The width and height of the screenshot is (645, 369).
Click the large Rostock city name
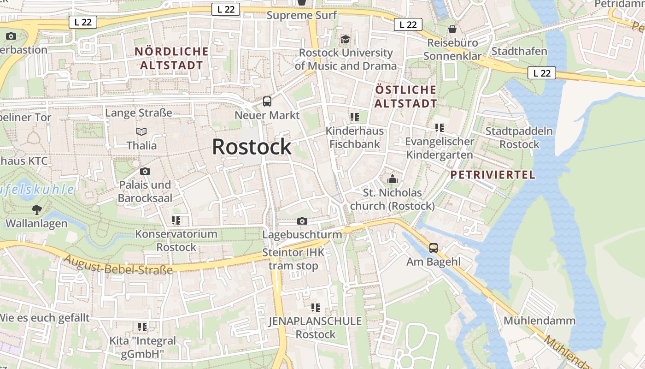point(252,147)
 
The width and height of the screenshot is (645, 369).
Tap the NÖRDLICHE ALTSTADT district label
point(171,58)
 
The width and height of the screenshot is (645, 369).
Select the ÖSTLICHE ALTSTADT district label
point(405,96)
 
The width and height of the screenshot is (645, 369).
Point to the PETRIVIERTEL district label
point(493,175)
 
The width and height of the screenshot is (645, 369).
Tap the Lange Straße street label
point(139,113)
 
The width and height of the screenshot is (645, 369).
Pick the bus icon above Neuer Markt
point(267,101)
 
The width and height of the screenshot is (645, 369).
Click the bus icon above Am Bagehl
point(434,248)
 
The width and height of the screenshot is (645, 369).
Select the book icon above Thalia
point(142,132)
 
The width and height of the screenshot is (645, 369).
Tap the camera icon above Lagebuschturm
point(302,221)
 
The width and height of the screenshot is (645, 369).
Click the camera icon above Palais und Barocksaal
point(145,172)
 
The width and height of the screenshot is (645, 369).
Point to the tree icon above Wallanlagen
point(36,210)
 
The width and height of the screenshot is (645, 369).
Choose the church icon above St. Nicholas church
point(393,179)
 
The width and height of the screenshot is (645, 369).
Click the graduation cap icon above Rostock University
point(346,39)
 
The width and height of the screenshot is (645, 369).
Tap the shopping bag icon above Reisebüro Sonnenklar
point(452,29)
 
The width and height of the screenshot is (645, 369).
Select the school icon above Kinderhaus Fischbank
point(354,117)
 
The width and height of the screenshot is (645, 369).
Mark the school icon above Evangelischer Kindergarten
point(440,128)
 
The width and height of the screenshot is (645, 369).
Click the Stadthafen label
point(519,51)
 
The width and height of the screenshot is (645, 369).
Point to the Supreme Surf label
point(302,15)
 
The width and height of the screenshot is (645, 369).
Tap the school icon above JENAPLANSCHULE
point(316,307)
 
